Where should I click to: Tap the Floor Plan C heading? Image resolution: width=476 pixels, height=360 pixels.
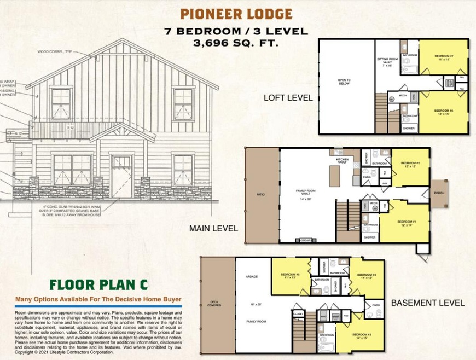[x=98, y=285]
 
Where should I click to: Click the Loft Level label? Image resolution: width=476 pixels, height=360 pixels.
[x=288, y=98]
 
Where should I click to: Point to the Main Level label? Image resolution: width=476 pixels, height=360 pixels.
[x=213, y=228]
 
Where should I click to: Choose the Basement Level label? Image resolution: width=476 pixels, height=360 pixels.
[x=428, y=303]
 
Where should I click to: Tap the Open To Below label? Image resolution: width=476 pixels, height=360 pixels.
[x=344, y=82]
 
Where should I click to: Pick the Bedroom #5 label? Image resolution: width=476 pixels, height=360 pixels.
[x=290, y=276]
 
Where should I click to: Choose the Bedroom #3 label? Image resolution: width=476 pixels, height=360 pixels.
[x=361, y=336]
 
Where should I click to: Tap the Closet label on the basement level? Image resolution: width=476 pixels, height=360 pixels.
[x=298, y=315]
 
